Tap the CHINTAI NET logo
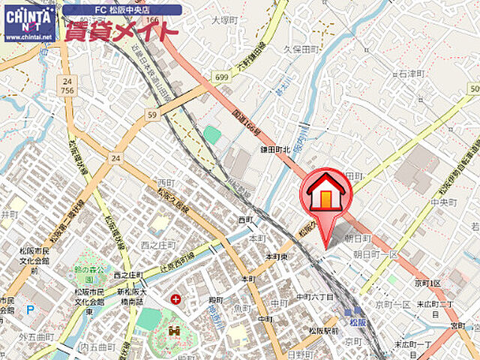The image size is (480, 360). click(28, 22)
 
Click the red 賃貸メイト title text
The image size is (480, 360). click(121, 31)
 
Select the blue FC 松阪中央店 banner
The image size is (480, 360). click(121, 10)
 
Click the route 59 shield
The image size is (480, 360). click(152, 115)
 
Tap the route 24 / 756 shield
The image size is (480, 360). click(67, 85)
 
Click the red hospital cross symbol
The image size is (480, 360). click(175, 299)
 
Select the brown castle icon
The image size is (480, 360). click(177, 330)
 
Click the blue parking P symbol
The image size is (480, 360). click(29, 309)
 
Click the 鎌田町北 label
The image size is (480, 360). click(274, 150)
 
